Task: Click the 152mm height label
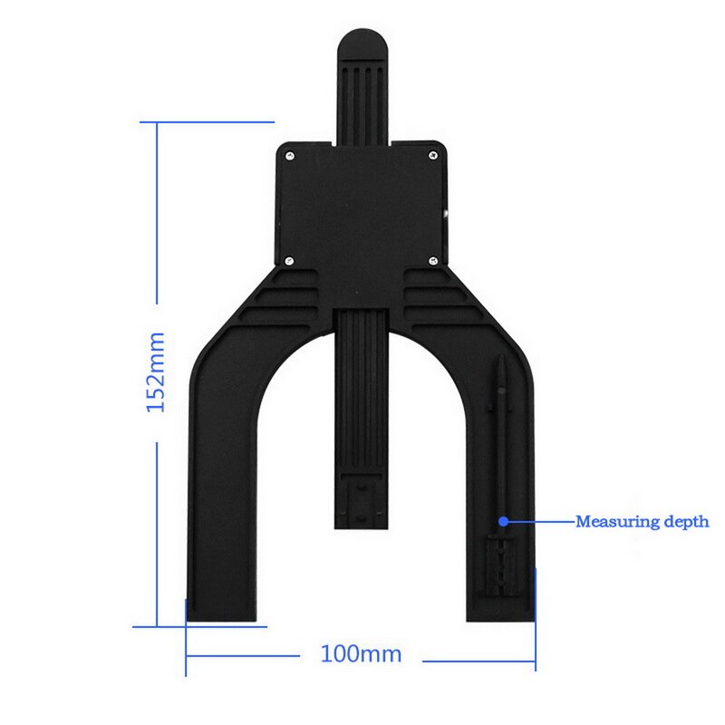point(155,372)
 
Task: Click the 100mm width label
point(361,653)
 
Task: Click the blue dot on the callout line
point(503,521)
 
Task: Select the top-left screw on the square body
point(289,156)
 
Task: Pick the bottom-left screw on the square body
point(289,259)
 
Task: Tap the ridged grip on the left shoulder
point(285,299)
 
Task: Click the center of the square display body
point(362,208)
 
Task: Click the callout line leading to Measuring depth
point(539,521)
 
